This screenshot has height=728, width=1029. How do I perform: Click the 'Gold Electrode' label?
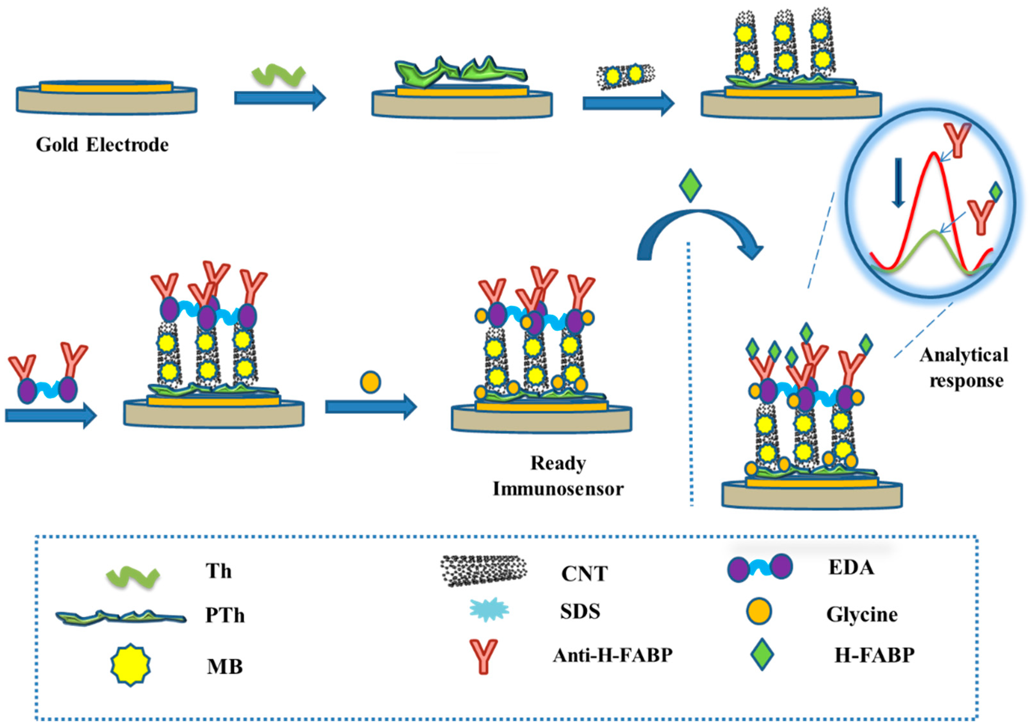[x=102, y=145]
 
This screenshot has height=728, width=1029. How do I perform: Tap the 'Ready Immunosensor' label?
[x=558, y=476]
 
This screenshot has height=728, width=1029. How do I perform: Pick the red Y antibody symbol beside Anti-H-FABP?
[x=484, y=656]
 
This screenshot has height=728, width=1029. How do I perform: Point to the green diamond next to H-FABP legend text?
[x=762, y=655]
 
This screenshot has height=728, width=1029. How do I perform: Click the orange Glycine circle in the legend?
[x=759, y=612]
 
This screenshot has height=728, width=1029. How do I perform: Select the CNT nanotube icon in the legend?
[x=484, y=570]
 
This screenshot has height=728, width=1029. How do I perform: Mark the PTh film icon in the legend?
[x=121, y=617]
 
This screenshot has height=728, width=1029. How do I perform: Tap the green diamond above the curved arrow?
[x=690, y=185]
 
